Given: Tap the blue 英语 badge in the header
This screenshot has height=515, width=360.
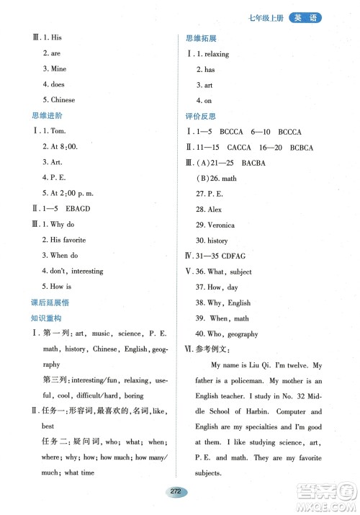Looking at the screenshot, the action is [x=306, y=18].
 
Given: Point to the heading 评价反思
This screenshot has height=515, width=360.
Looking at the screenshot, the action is [x=201, y=116].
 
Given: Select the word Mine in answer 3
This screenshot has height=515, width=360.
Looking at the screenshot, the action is [x=58, y=69].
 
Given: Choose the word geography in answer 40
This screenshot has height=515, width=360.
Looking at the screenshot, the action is [x=242, y=333].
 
